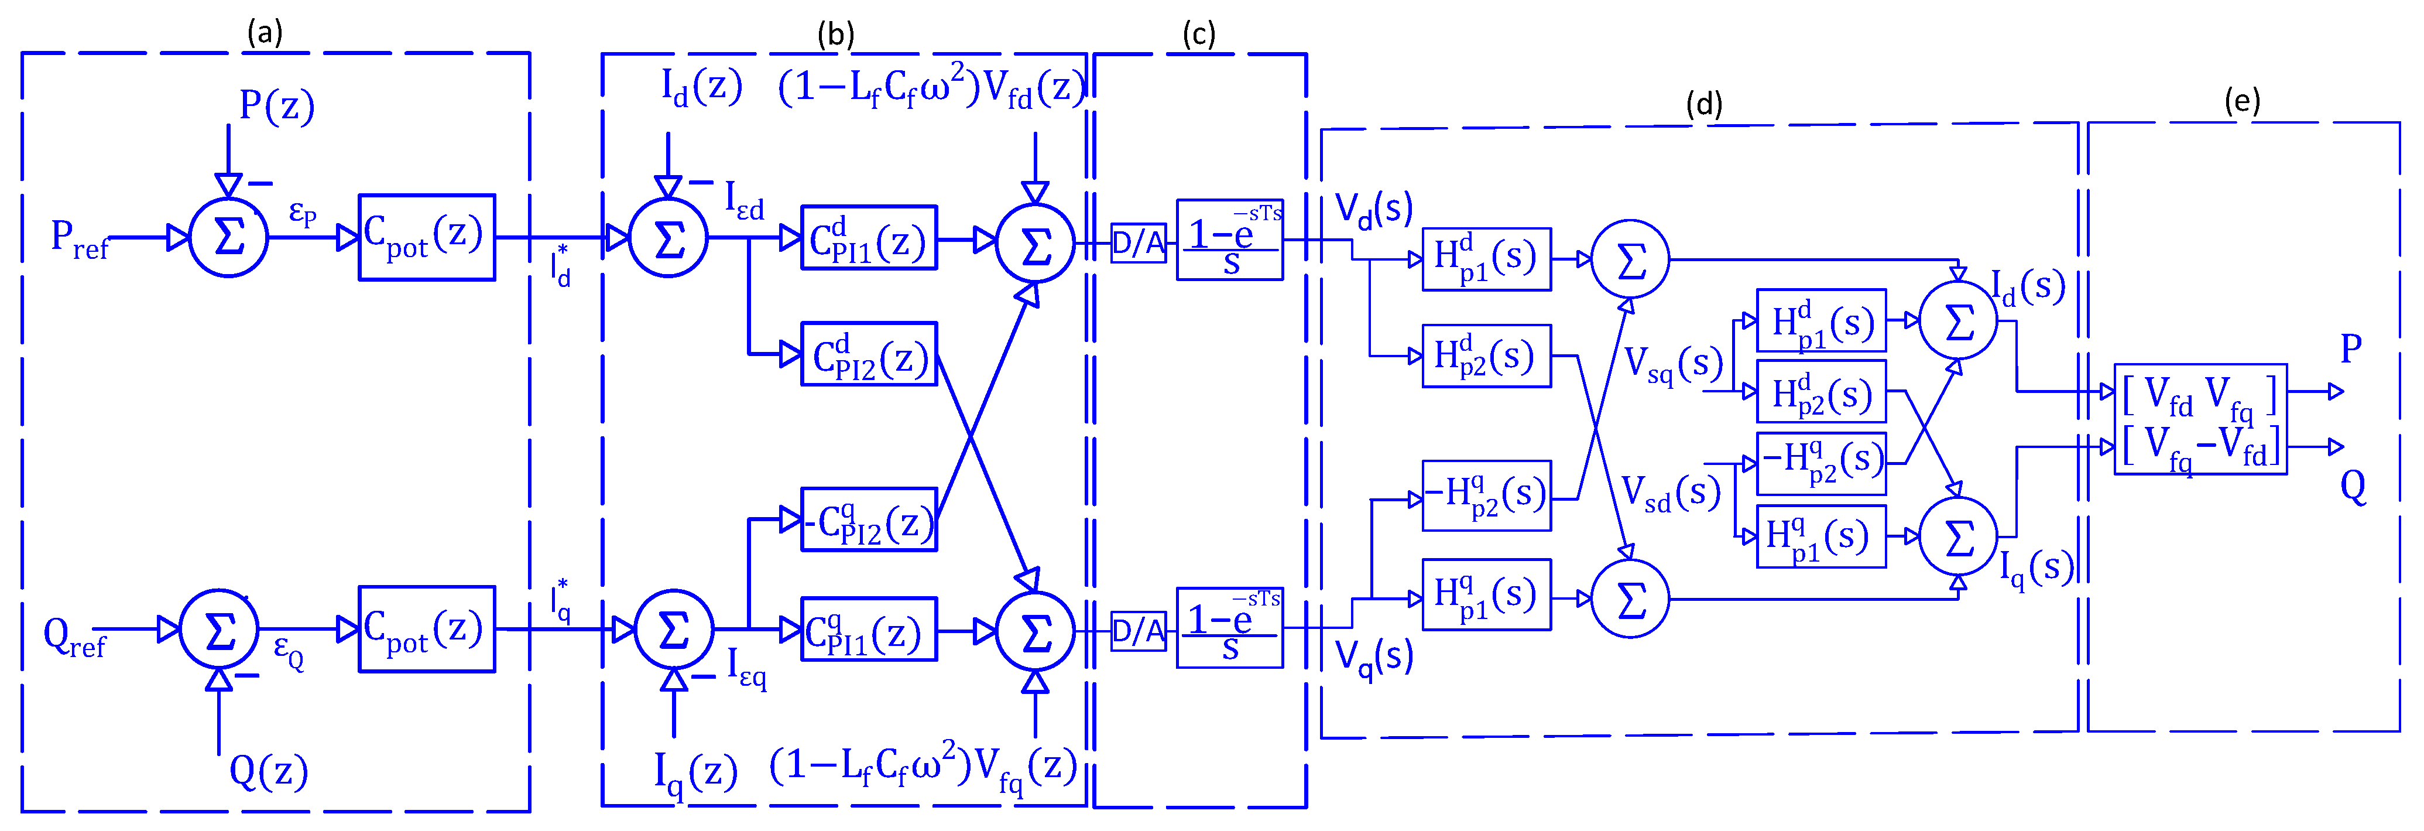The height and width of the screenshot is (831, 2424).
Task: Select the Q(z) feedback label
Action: point(268,772)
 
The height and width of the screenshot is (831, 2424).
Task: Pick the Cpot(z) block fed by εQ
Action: point(426,628)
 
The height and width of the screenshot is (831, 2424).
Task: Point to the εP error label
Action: point(302,212)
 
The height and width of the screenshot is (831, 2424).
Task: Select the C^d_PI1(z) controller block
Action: point(869,238)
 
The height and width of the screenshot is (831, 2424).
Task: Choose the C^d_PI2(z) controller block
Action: point(869,355)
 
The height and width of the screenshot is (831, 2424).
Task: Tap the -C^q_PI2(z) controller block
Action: point(869,519)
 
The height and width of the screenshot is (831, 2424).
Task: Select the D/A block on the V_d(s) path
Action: point(1138,243)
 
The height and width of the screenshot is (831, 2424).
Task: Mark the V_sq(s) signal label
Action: point(1673,364)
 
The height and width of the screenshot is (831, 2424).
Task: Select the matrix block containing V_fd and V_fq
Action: point(2200,419)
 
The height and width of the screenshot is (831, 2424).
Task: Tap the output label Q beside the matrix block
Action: point(2353,487)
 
